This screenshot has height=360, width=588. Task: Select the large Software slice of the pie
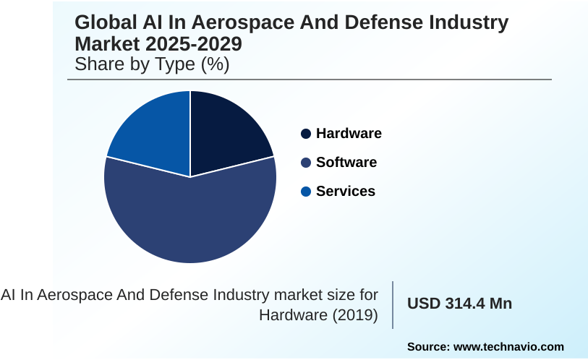tap(190, 217)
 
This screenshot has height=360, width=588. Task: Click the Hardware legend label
tap(349, 134)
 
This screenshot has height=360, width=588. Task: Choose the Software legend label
tap(346, 163)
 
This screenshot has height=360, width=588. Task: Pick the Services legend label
tap(346, 192)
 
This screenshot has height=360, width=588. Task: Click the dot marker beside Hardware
tap(306, 134)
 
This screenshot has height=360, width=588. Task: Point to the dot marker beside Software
tap(306, 163)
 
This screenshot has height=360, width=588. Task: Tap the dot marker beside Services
tap(306, 192)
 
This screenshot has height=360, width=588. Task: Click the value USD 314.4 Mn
tap(459, 304)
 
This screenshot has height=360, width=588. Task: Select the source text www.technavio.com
tap(508, 347)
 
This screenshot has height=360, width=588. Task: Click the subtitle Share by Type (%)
tap(152, 64)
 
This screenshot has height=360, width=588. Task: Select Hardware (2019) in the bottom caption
tap(318, 315)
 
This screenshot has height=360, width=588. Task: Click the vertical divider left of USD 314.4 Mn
tap(393, 304)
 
